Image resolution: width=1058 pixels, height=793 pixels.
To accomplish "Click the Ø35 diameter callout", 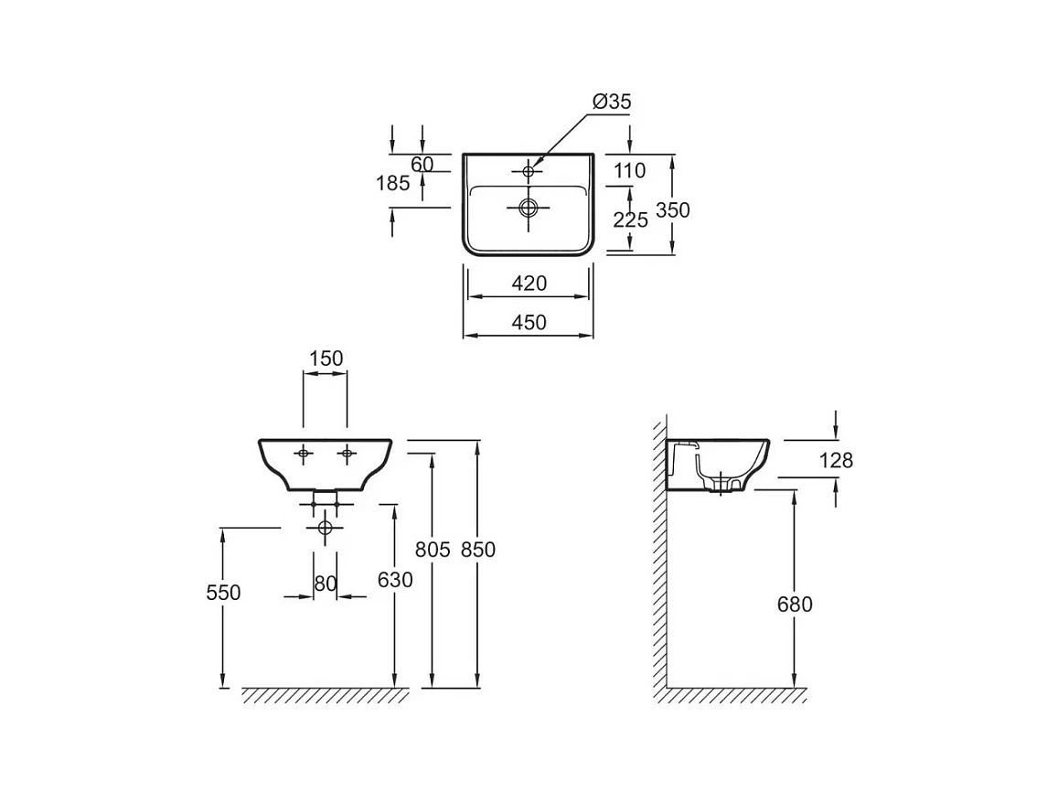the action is pyautogui.click(x=612, y=102).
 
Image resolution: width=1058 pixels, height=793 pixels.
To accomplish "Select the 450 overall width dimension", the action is pyautogui.click(x=529, y=323).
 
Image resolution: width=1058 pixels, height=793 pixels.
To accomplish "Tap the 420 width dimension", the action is pyautogui.click(x=529, y=284).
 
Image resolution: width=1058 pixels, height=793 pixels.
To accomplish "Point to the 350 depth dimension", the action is pyautogui.click(x=673, y=209).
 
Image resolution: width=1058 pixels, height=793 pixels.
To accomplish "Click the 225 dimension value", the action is pyautogui.click(x=630, y=220).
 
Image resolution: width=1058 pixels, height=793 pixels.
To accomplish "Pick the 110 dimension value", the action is pyautogui.click(x=629, y=171).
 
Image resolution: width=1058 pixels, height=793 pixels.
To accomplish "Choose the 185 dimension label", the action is pyautogui.click(x=392, y=183).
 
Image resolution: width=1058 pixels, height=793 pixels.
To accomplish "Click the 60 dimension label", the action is pyautogui.click(x=422, y=164).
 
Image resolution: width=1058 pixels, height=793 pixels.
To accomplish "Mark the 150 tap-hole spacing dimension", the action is pyautogui.click(x=326, y=359).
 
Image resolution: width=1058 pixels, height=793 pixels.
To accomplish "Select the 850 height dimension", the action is pyautogui.click(x=477, y=550).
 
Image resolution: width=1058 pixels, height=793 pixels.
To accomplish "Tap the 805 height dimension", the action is pyautogui.click(x=433, y=550).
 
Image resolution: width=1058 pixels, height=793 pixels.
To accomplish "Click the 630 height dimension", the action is pyautogui.click(x=395, y=580).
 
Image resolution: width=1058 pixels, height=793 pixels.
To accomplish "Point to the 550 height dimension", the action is pyautogui.click(x=223, y=593).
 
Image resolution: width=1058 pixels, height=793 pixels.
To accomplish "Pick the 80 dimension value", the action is pyautogui.click(x=326, y=584).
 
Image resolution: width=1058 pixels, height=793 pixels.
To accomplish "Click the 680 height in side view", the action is pyautogui.click(x=795, y=604).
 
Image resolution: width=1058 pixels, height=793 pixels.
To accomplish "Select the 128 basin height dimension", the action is pyautogui.click(x=836, y=460).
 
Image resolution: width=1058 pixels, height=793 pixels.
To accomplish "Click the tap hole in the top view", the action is pyautogui.click(x=529, y=171).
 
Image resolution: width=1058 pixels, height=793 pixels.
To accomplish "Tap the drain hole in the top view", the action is pyautogui.click(x=529, y=208).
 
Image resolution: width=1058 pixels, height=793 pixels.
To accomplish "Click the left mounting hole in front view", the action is pyautogui.click(x=304, y=454).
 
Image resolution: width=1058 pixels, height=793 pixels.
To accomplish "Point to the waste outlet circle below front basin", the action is pyautogui.click(x=326, y=528).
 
